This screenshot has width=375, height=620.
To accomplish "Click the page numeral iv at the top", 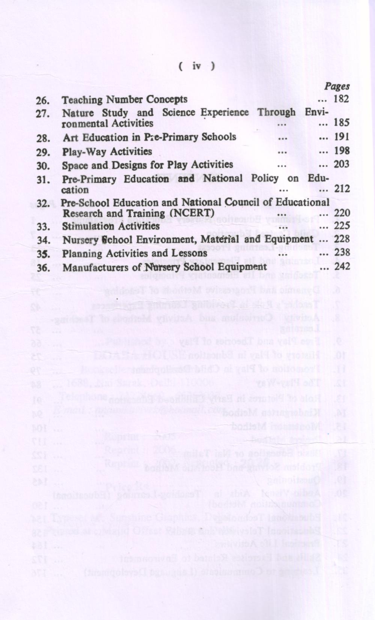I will (196, 66).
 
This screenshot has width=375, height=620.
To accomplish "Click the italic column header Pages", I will (337, 86).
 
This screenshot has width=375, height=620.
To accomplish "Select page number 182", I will (341, 99).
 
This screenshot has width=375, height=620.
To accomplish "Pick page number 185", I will (342, 122).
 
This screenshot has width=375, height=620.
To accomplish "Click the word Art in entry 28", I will (71, 138).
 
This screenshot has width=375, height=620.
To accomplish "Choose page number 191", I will (342, 136).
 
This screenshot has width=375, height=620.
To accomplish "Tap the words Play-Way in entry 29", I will (78, 152).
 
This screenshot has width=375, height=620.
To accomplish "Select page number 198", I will (342, 150).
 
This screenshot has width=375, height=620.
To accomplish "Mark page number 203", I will (342, 164).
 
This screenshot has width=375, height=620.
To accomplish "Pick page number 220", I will (342, 213).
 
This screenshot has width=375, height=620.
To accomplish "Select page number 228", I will (342, 239).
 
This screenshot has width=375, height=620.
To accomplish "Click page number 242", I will (342, 266).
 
